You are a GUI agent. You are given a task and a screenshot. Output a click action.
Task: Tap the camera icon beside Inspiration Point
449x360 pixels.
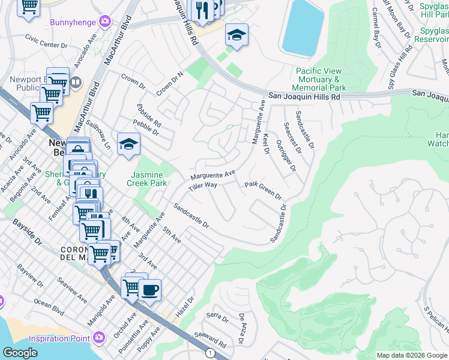98,338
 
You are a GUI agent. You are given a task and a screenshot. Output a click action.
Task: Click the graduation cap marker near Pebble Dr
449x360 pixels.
128,145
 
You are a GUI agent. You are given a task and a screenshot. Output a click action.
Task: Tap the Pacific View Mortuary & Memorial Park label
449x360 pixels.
319,79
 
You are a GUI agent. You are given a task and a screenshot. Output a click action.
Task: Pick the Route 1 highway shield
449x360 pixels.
209,353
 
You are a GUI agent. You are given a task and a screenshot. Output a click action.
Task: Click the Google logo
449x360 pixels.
20,353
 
